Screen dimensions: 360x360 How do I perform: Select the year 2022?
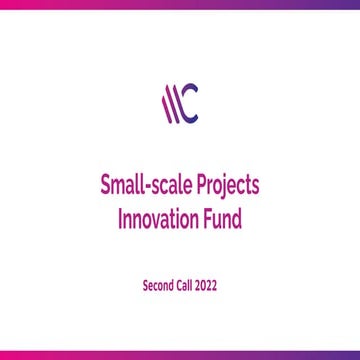pyautogui.click(x=207, y=285)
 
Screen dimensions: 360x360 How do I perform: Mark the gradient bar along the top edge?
pyautogui.click(x=180, y=3)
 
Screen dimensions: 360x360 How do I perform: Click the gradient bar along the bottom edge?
pyautogui.click(x=180, y=356)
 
